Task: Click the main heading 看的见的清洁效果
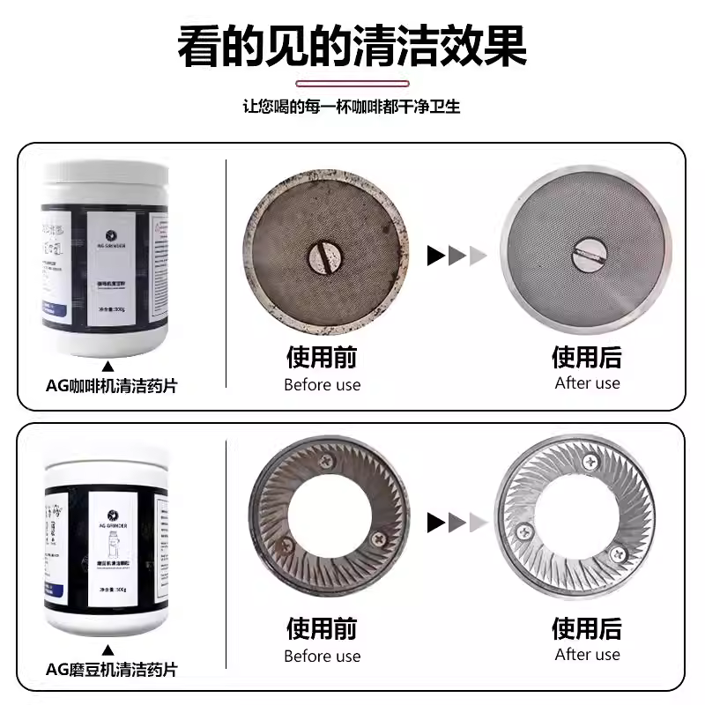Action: (x=352, y=46)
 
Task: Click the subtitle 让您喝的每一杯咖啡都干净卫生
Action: (x=352, y=107)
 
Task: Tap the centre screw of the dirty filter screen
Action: (x=322, y=256)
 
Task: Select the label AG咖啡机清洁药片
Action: (x=111, y=386)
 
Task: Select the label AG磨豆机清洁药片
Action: (x=111, y=670)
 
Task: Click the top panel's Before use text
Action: (x=322, y=384)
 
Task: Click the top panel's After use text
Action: (x=588, y=382)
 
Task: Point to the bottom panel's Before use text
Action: (x=322, y=656)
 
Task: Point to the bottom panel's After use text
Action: (x=588, y=654)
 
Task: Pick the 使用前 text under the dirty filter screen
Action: (x=322, y=357)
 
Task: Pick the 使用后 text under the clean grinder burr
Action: (x=588, y=628)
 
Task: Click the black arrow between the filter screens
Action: (x=436, y=256)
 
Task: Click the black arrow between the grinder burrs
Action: (x=436, y=523)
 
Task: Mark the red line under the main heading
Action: (x=352, y=84)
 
